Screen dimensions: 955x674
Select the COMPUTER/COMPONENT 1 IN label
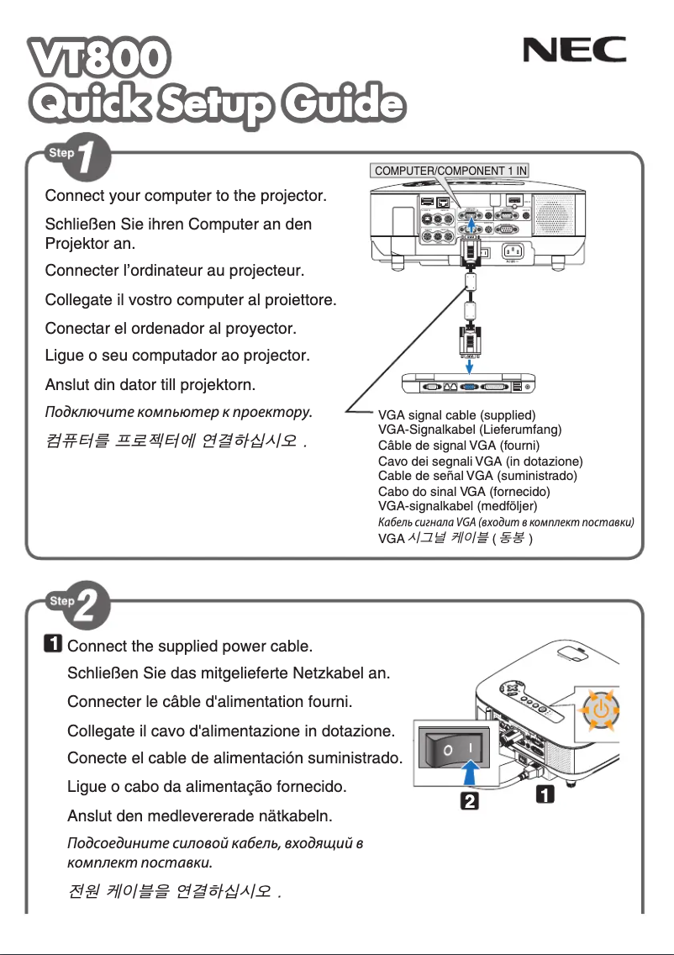450,170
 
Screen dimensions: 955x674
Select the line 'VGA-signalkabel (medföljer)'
458,506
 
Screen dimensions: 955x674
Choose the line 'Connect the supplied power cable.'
189,646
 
